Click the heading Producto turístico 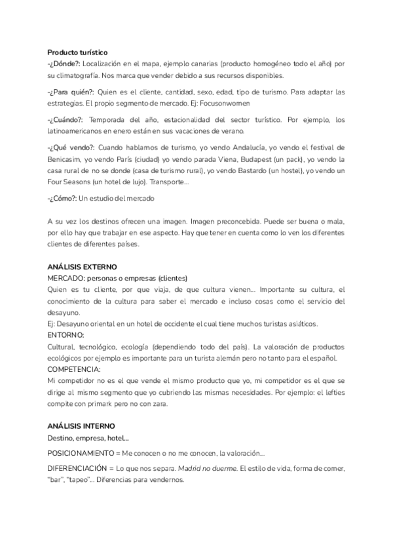pos(78,52)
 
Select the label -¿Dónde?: pos(64,63)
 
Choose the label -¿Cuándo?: pos(65,119)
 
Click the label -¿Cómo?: pos(62,198)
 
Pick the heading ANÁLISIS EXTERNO pos(82,267)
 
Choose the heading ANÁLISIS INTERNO pos(81,426)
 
